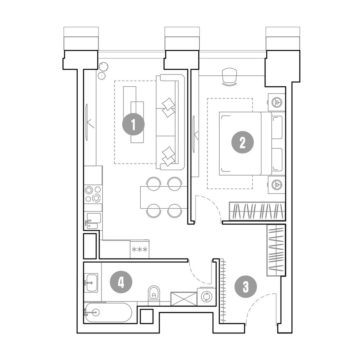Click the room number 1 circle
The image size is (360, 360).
[133, 125]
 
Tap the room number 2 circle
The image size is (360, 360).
[243, 142]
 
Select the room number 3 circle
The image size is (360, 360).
[246, 287]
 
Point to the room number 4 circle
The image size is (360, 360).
[121, 282]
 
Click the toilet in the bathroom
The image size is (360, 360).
[154, 295]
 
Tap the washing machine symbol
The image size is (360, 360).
[207, 297]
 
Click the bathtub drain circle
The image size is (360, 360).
[95, 312]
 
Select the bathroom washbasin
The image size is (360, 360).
[91, 283]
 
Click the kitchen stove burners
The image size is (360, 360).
[93, 193]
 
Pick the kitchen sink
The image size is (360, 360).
[93, 221]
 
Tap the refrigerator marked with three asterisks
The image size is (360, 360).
[139, 249]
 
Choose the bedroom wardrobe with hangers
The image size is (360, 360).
[257, 211]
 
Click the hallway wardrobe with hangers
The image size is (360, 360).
[276, 250]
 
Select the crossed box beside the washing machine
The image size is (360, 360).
[184, 299]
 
